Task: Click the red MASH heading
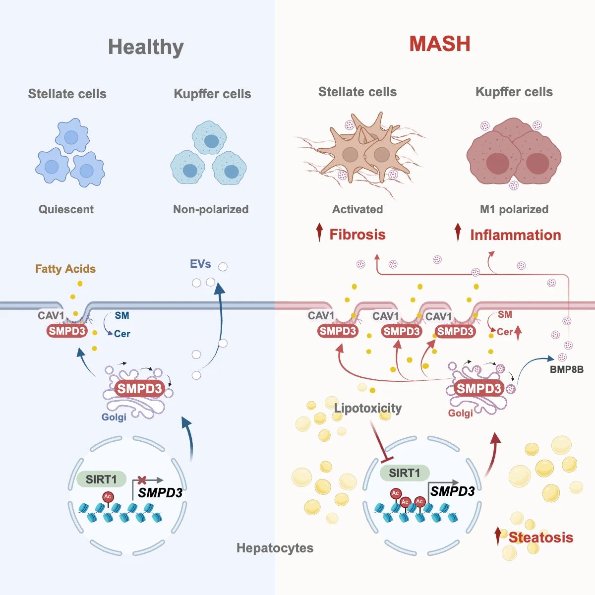coord(440,44)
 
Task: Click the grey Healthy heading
coord(146,48)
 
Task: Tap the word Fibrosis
coord(357,235)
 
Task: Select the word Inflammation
coord(515,235)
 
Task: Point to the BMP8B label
coord(567,369)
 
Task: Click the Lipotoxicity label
coord(368,408)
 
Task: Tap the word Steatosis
coord(540,537)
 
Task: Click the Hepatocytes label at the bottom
coord(275,548)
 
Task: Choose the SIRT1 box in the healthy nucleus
coord(101,479)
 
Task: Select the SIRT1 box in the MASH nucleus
coord(404,473)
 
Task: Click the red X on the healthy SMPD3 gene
coord(142,480)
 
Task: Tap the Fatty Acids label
coord(65,269)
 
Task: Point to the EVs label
coord(200,264)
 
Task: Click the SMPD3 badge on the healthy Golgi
coord(139,389)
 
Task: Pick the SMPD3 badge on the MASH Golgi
coord(479,388)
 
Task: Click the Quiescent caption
coord(66,209)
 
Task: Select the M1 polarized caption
coord(514,209)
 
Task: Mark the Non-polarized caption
coord(211,209)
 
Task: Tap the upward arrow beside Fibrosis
coord(320,232)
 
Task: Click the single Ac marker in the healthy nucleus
coord(108,497)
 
